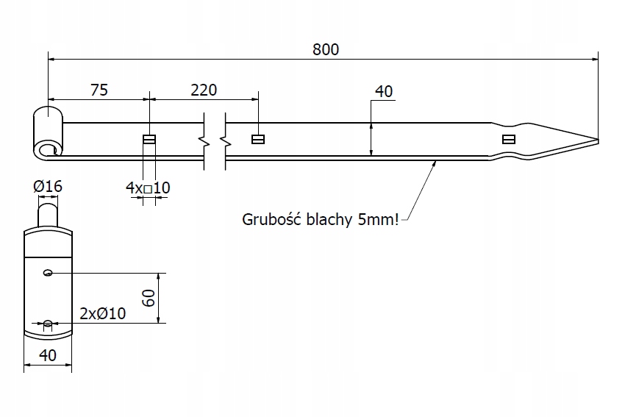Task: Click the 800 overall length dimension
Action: point(325,49)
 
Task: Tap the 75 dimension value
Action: point(99,90)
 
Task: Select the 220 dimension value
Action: point(204,90)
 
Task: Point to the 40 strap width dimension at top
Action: point(384,91)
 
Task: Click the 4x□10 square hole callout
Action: point(148,188)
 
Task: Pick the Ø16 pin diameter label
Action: point(48,187)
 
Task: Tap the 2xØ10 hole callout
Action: point(102,313)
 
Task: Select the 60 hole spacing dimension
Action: point(149,298)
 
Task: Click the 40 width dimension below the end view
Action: point(48,355)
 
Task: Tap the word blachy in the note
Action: point(326,219)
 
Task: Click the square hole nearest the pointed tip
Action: point(508,139)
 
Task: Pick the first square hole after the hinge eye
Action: point(149,139)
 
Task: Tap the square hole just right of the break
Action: point(258,139)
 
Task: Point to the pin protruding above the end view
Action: point(48,214)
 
